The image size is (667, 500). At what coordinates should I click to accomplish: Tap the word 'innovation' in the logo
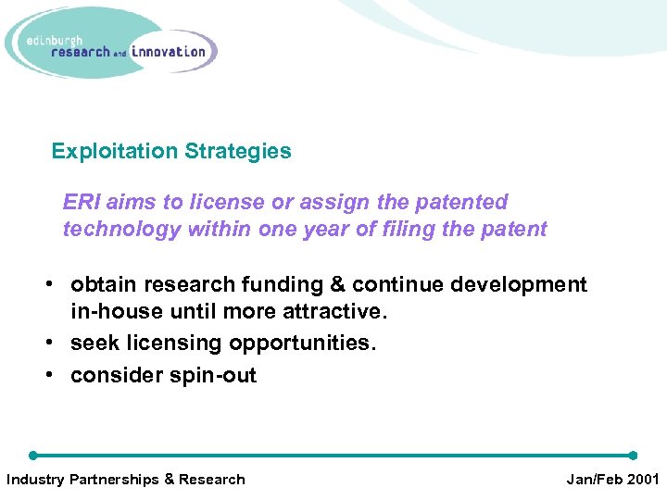point(169,52)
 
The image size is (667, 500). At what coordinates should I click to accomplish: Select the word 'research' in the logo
point(81,53)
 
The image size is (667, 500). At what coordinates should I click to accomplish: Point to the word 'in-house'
point(111,312)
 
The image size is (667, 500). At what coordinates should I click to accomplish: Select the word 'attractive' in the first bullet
point(334,312)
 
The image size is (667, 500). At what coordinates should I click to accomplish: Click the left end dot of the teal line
point(33,456)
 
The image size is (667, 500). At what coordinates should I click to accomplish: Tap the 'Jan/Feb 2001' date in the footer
point(612,479)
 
